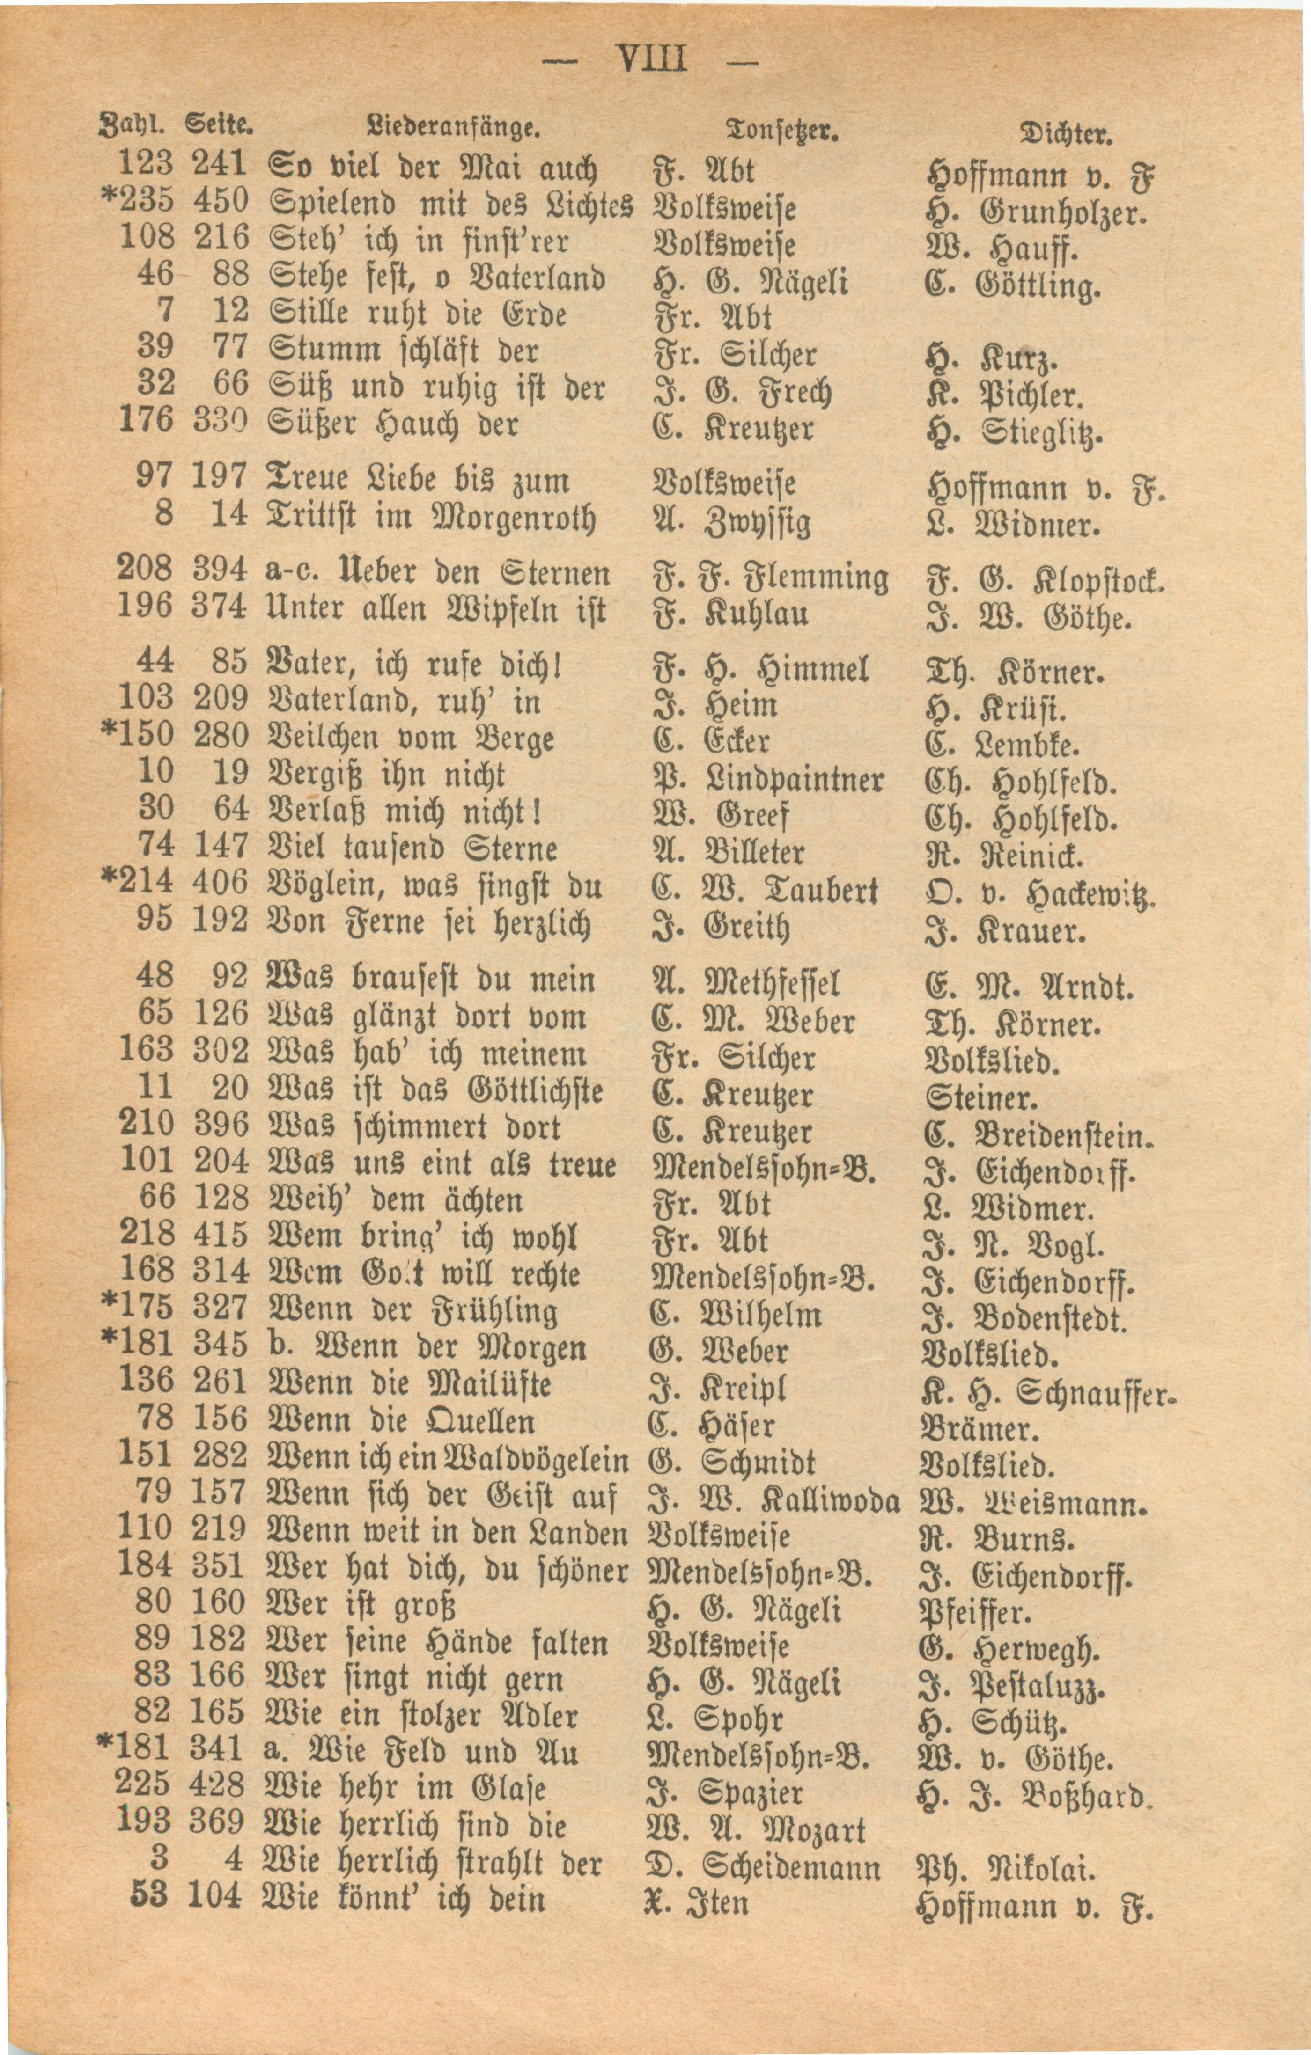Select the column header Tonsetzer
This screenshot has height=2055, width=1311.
tap(770, 130)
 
